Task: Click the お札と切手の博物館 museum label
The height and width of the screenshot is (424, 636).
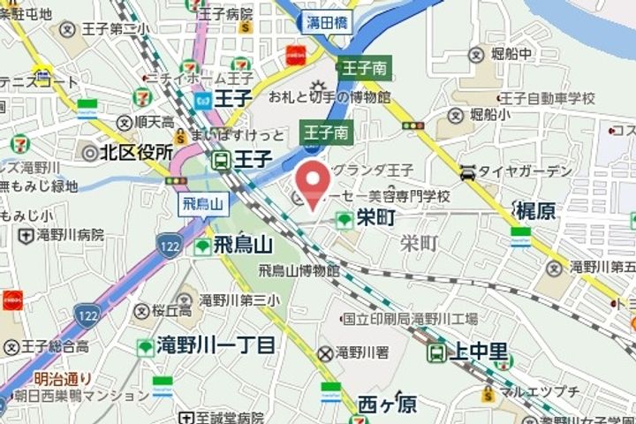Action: coord(329,96)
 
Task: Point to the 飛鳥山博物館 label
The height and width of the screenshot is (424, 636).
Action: coord(299,270)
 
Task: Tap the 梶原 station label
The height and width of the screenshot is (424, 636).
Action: coord(535,210)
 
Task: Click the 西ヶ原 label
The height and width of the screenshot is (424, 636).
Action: coord(387,405)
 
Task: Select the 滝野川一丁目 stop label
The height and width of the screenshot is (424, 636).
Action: coord(216,345)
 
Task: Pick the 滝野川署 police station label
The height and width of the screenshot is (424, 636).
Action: coord(361,352)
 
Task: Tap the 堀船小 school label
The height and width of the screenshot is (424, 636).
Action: coord(488,113)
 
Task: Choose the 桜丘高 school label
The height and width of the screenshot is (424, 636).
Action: coord(170,311)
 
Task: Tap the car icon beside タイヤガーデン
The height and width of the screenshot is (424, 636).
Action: coord(467,172)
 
